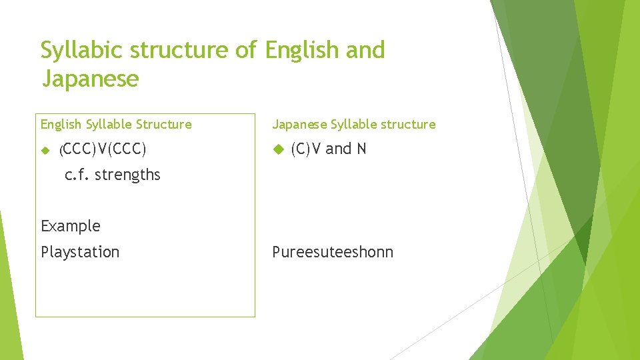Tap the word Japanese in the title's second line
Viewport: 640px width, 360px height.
pyautogui.click(x=90, y=79)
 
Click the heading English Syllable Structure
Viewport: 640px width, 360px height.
pyautogui.click(x=116, y=124)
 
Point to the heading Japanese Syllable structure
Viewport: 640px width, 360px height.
pyautogui.click(x=353, y=124)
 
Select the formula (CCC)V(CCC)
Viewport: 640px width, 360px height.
pyautogui.click(x=103, y=149)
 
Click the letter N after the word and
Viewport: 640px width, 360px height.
pyautogui.click(x=361, y=149)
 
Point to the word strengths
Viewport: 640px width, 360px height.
pyautogui.click(x=127, y=175)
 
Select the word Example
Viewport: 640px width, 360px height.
pyautogui.click(x=71, y=226)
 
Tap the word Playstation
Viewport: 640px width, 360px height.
pyautogui.click(x=80, y=252)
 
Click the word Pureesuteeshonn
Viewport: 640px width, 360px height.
pyautogui.click(x=333, y=252)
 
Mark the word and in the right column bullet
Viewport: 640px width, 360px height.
pyautogui.click(x=338, y=149)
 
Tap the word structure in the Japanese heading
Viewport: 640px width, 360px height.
pyautogui.click(x=407, y=124)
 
